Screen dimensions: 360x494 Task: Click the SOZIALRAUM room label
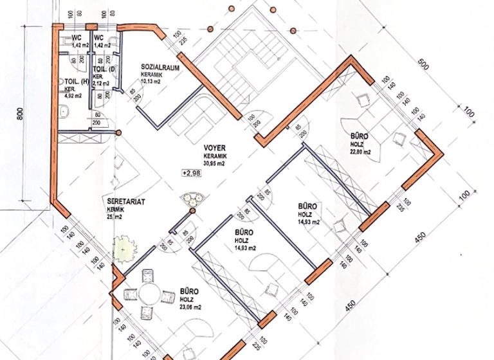[160, 67]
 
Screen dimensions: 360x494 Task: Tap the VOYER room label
[214, 147]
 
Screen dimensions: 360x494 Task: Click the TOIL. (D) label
[104, 69]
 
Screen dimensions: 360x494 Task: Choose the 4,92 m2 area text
[73, 96]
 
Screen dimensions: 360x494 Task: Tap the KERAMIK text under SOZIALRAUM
[152, 74]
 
